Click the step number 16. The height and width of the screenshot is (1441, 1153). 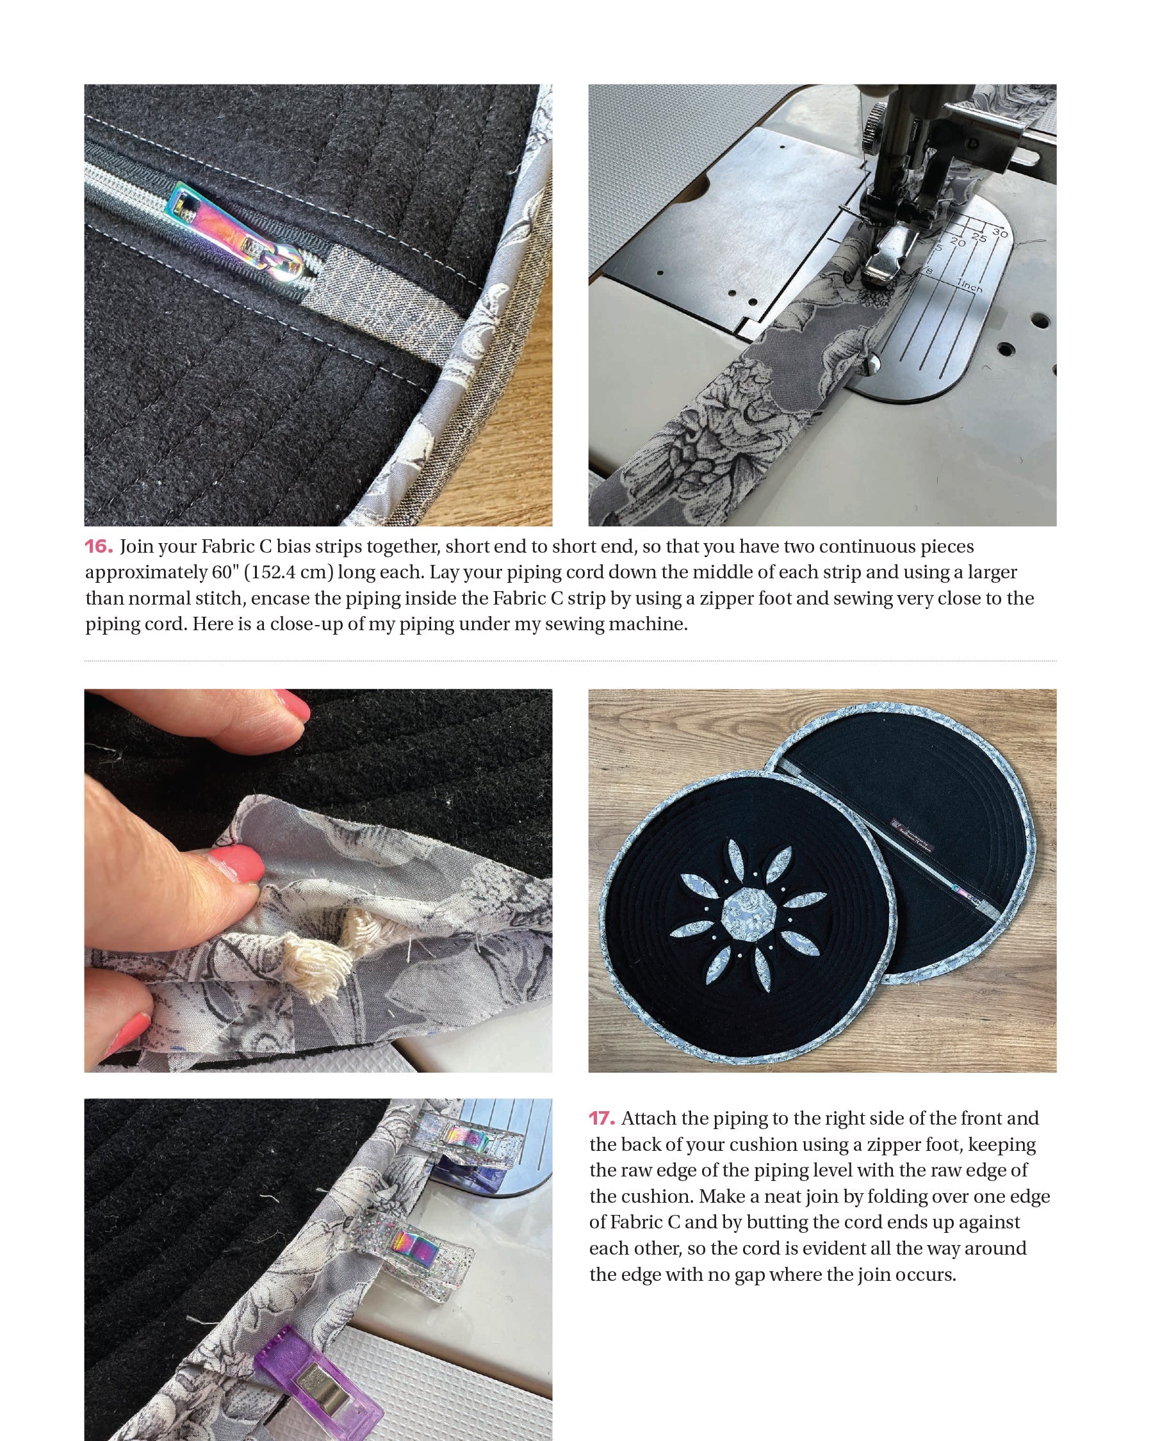point(98,547)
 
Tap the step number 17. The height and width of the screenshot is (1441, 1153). point(601,1119)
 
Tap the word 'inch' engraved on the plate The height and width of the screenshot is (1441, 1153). point(970,286)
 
